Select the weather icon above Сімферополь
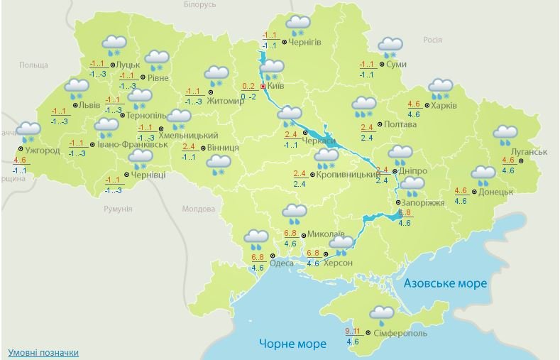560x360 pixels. point(382,314)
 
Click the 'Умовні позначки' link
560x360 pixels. point(43,353)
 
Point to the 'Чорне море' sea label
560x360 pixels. point(292,344)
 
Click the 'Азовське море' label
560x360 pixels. point(445,283)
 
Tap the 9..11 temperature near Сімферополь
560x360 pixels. point(353,332)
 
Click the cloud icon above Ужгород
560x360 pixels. point(28,131)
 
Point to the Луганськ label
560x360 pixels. point(528,152)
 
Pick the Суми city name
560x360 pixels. point(397,65)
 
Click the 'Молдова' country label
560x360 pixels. point(199,209)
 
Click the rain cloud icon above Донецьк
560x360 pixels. point(483,175)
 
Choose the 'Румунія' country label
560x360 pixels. point(117,209)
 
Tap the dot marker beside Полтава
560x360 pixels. point(379,124)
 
